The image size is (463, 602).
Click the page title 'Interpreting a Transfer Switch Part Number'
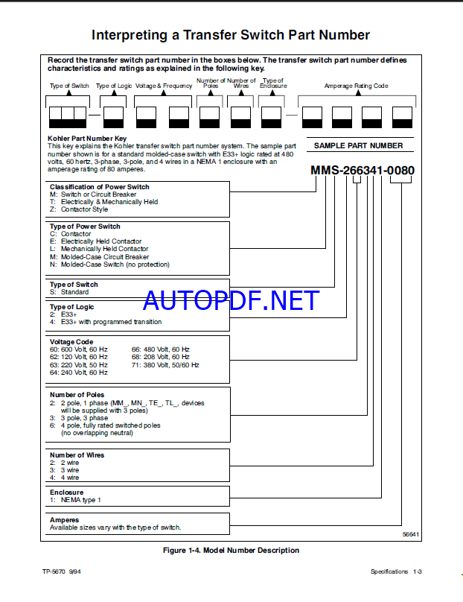(x=230, y=35)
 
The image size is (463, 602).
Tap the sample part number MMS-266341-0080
(x=363, y=171)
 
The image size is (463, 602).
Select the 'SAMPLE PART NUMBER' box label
(x=358, y=146)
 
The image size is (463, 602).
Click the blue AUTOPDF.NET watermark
(x=231, y=300)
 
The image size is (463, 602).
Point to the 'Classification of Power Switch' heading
(x=99, y=187)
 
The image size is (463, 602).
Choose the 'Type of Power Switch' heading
(x=85, y=226)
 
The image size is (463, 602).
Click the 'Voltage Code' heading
(x=72, y=341)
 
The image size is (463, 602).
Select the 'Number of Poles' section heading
(x=77, y=395)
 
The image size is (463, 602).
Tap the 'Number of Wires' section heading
(x=77, y=455)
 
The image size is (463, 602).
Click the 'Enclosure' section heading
(x=66, y=492)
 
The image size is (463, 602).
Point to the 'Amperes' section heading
(x=64, y=520)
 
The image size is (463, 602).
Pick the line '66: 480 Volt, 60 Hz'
(x=161, y=349)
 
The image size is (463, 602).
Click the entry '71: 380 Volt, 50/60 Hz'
(x=165, y=365)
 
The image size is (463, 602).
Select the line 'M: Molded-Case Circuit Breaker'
(x=99, y=257)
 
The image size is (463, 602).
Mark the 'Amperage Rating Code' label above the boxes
(x=356, y=86)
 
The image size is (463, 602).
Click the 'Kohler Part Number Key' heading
(x=87, y=139)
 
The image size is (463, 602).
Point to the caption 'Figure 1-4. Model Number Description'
(x=231, y=551)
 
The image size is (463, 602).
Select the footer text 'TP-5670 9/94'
(x=63, y=571)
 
